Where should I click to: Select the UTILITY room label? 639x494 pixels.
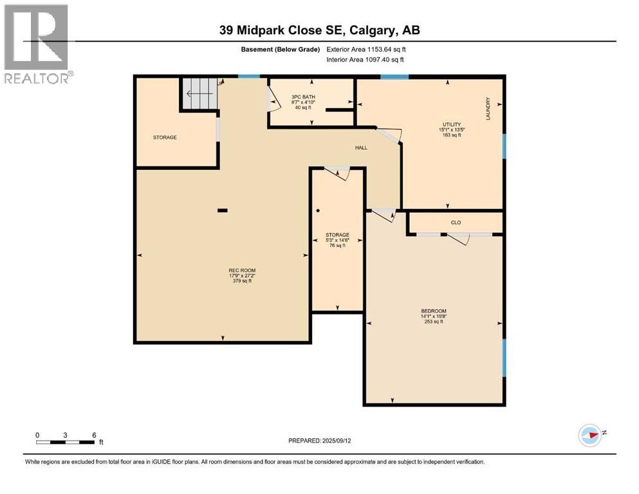click(448, 124)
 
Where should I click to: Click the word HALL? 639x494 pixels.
click(361, 148)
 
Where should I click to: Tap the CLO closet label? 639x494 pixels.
click(456, 223)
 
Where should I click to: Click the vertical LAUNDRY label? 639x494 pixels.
click(488, 108)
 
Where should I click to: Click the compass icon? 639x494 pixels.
click(589, 435)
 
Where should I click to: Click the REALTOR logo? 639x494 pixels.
click(36, 44)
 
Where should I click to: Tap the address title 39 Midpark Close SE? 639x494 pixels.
click(319, 30)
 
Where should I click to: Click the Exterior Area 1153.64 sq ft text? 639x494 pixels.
click(366, 50)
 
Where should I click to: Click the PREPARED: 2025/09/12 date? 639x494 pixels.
click(320, 441)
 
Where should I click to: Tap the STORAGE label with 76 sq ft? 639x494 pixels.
click(337, 235)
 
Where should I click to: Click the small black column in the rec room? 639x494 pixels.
click(222, 210)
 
